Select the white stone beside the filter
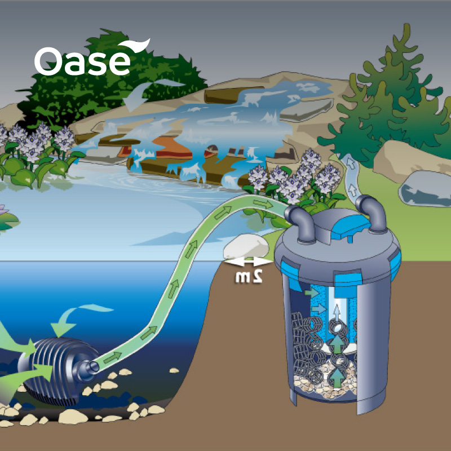coord(246,246)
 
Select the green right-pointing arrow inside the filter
coord(311,293)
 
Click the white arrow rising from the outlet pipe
coord(352,169)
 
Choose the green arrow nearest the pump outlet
coord(113,356)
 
